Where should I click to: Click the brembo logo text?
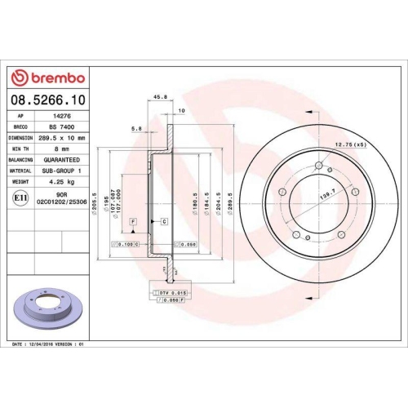pyautogui.click(x=52, y=78)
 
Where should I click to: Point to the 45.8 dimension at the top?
pyautogui.click(x=161, y=96)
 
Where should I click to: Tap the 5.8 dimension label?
pyautogui.click(x=136, y=128)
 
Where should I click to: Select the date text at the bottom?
pyautogui.click(x=50, y=346)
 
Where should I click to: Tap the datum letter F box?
pyautogui.click(x=133, y=222)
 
